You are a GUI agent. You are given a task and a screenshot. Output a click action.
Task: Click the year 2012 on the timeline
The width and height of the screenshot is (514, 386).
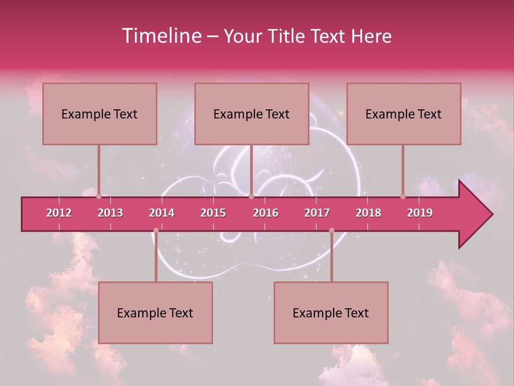[59, 213]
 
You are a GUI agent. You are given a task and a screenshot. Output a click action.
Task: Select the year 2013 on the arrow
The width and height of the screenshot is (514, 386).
[110, 213]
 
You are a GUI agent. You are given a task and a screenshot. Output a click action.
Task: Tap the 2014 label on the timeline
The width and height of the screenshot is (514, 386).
[162, 213]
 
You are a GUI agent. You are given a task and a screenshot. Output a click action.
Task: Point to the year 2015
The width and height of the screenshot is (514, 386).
[213, 213]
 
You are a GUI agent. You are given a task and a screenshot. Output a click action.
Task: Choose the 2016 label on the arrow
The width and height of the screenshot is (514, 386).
[266, 213]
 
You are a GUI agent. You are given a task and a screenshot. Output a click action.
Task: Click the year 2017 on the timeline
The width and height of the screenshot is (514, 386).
[317, 213]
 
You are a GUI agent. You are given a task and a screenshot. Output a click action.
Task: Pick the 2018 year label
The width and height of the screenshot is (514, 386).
[368, 213]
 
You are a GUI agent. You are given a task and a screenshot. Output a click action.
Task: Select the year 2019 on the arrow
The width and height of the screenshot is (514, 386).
[420, 213]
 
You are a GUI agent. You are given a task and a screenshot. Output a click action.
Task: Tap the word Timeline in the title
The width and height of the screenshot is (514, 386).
[161, 36]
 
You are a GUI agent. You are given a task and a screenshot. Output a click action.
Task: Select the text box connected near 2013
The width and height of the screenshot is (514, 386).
[100, 114]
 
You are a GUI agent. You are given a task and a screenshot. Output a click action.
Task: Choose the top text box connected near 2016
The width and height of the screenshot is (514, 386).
[252, 114]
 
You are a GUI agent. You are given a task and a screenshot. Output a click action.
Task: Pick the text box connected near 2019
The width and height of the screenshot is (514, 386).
[404, 114]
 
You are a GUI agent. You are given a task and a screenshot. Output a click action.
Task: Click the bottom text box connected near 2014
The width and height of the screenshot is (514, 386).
[155, 313]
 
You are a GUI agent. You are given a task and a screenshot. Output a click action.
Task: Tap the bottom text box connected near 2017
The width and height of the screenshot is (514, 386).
[331, 313]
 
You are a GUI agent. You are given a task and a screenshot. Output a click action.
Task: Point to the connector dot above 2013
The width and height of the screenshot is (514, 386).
[99, 197]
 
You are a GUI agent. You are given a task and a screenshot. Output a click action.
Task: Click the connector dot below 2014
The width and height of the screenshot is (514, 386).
[156, 231]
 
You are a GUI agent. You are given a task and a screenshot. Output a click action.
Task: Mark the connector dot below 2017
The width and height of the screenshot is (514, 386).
[331, 231]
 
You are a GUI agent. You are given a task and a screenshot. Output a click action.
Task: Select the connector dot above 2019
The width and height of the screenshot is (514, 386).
[403, 197]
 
